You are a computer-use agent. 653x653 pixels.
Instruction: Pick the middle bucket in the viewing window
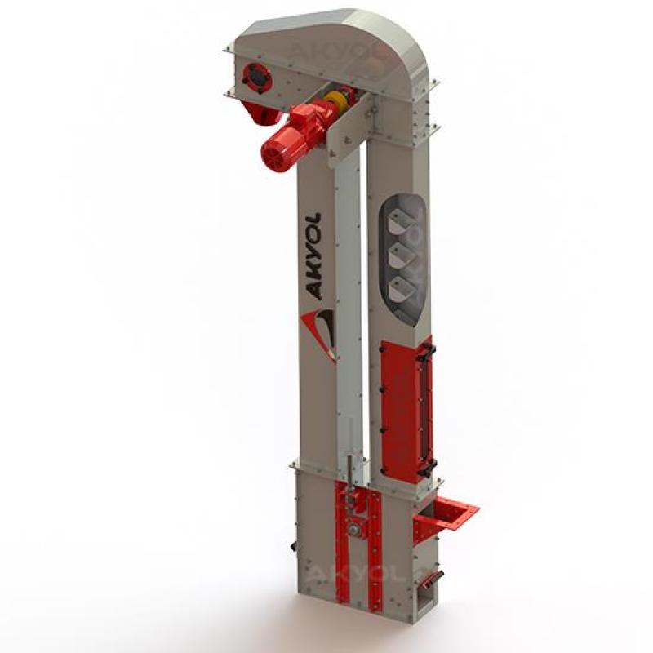(x=402, y=255)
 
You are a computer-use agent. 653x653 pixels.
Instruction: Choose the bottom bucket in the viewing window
(x=402, y=288)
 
